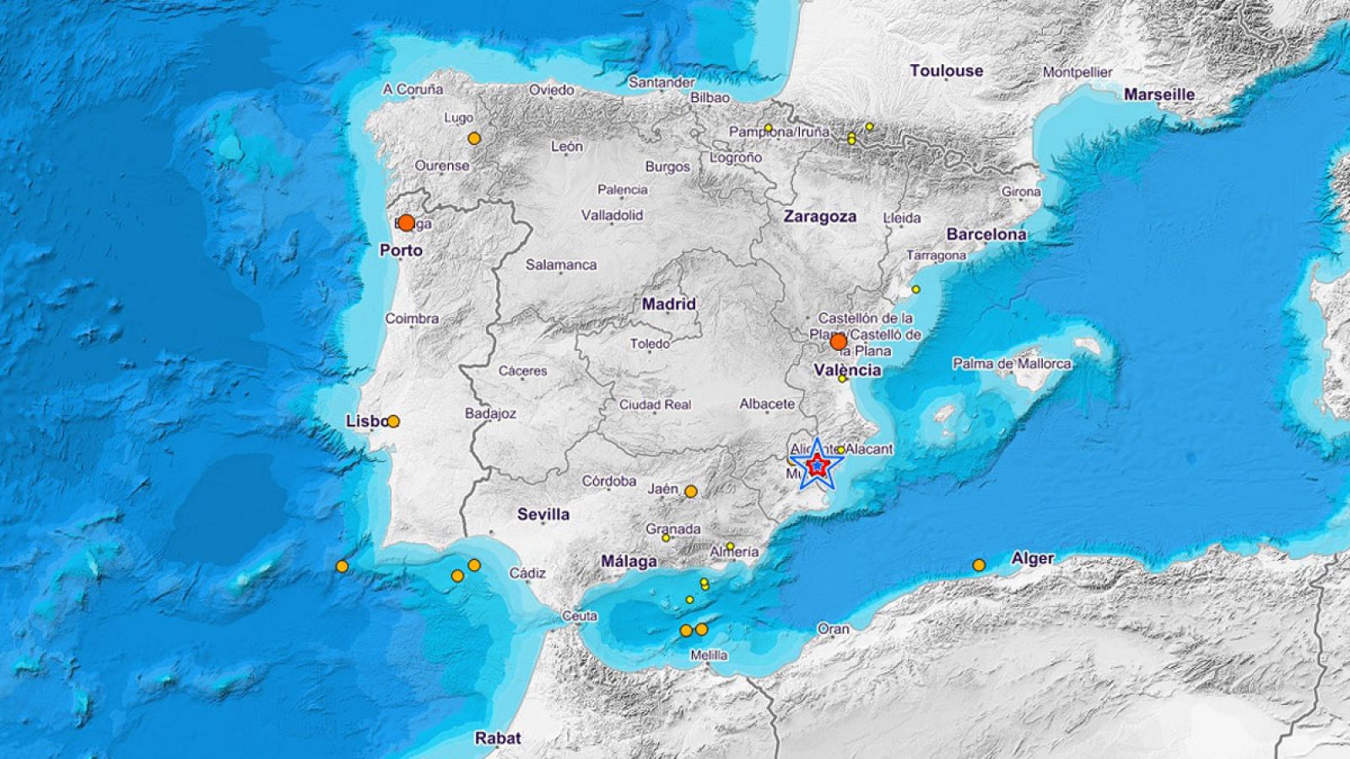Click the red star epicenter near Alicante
click(817, 465)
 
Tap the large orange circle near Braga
click(406, 223)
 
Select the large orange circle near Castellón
click(838, 342)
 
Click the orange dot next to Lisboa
click(393, 421)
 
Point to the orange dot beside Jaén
click(690, 491)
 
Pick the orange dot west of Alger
click(979, 565)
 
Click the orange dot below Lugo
click(474, 138)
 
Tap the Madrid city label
click(669, 304)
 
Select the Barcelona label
click(986, 234)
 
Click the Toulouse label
click(946, 72)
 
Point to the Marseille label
click(1159, 94)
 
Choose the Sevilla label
click(543, 514)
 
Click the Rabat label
click(498, 738)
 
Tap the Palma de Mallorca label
click(1012, 364)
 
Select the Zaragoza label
click(819, 217)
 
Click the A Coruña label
click(413, 89)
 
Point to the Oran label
click(833, 629)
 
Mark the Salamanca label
click(561, 265)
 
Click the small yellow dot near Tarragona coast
click(915, 289)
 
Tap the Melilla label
click(708, 655)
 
